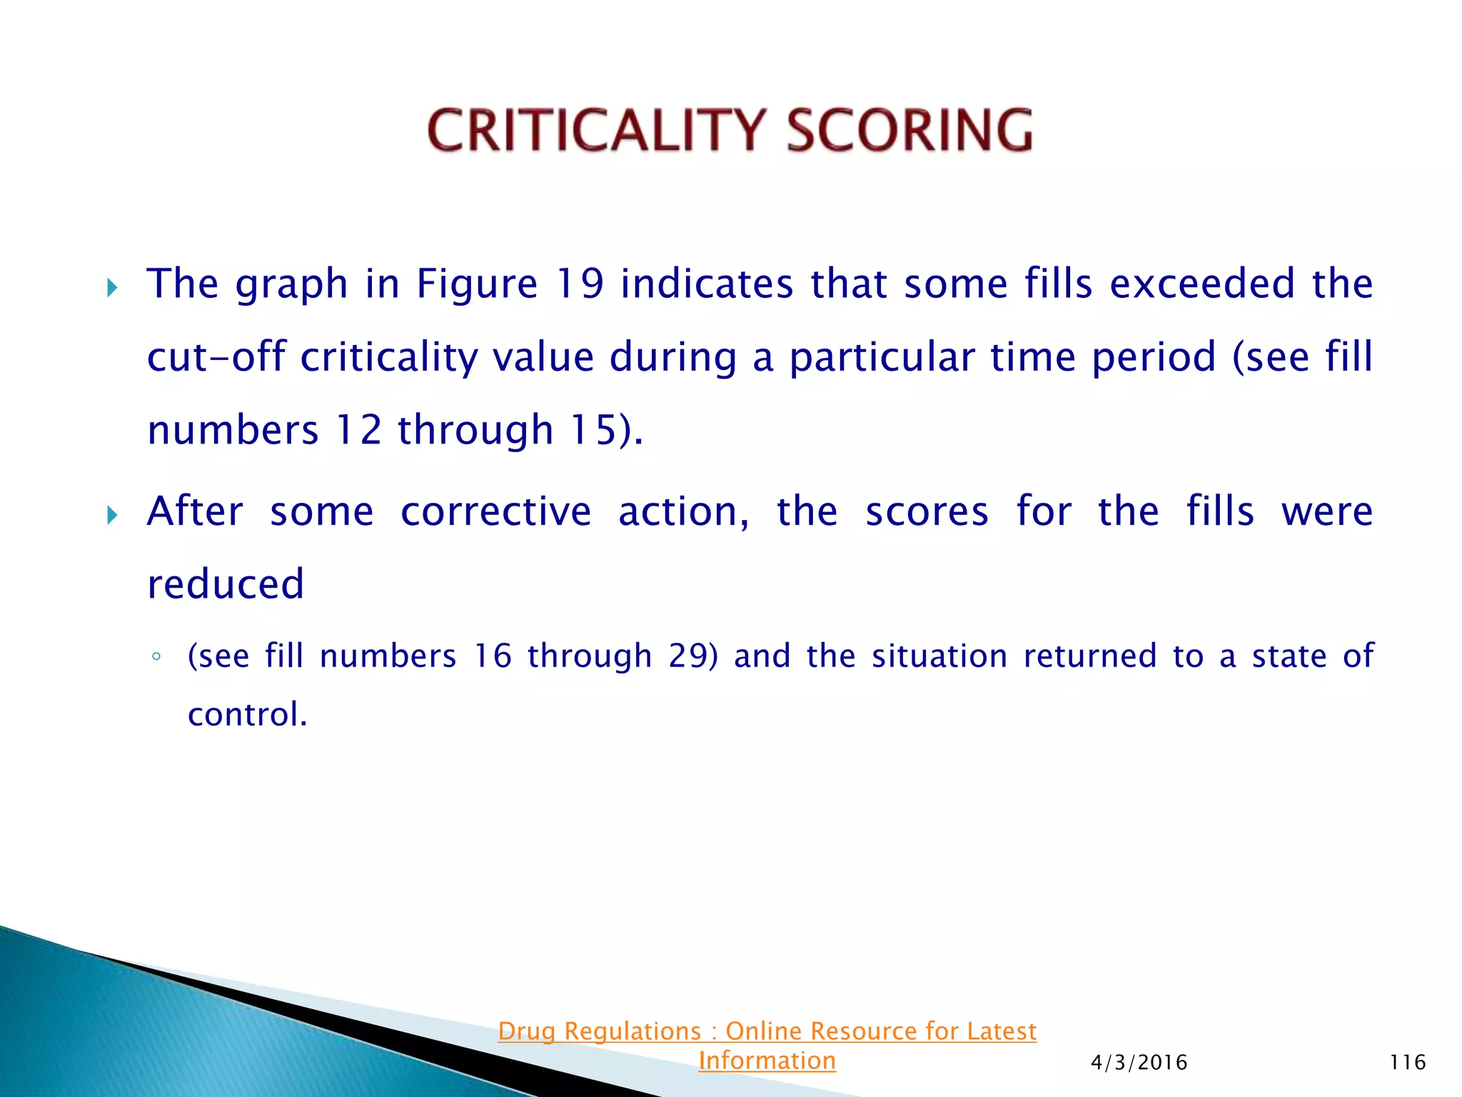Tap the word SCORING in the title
[x=909, y=131]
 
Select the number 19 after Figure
[x=580, y=284]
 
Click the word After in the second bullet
[x=195, y=511]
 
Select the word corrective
[x=495, y=511]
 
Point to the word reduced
[x=226, y=584]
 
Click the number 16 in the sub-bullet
[x=493, y=656]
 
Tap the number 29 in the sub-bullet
[x=688, y=656]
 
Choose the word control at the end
[x=243, y=715]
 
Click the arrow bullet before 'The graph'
[x=112, y=289]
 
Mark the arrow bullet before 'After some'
[x=112, y=515]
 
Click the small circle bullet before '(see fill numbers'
[x=156, y=657]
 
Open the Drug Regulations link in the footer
[x=767, y=1045]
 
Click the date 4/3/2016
[x=1139, y=1063]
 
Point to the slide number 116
[x=1407, y=1063]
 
